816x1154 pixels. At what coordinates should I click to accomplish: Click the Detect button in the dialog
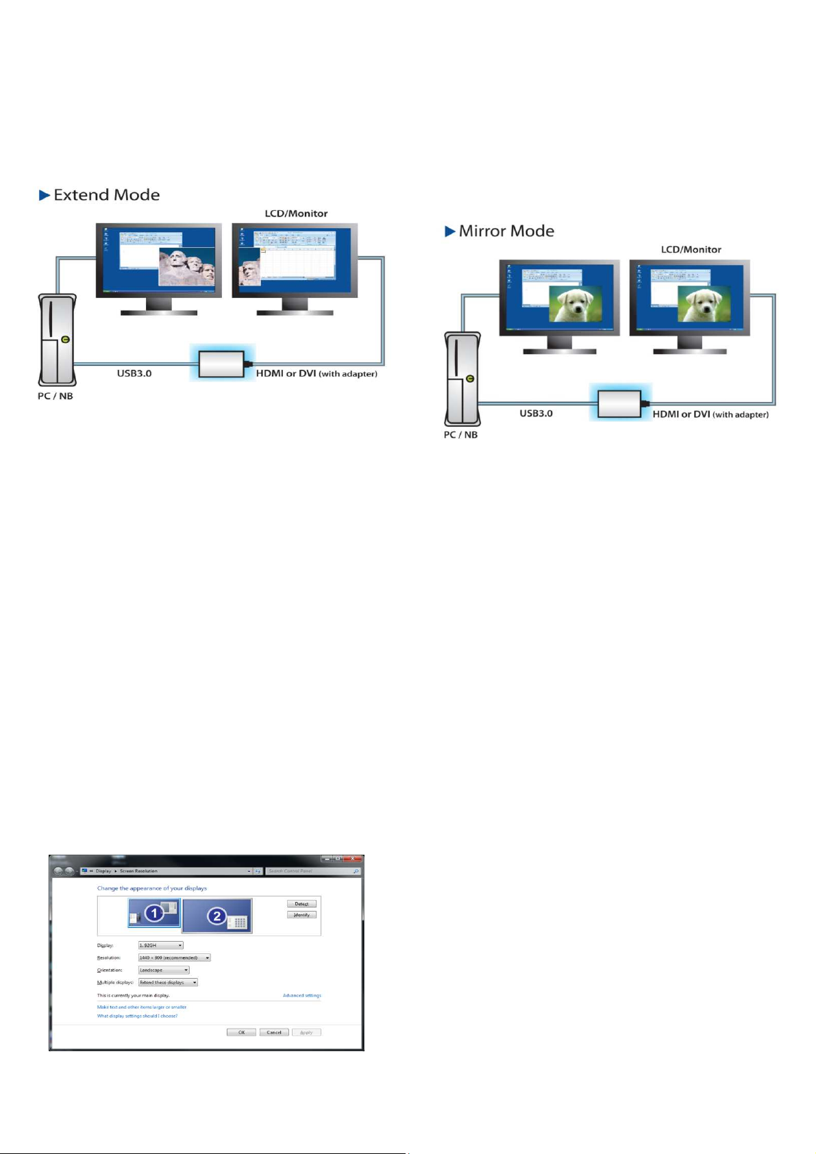click(x=301, y=904)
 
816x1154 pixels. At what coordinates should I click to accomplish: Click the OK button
click(x=241, y=1032)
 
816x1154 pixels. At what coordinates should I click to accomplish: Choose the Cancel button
click(x=274, y=1032)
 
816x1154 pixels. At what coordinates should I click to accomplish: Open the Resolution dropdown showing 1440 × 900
click(x=174, y=957)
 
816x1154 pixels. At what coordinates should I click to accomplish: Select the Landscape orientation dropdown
click(x=164, y=970)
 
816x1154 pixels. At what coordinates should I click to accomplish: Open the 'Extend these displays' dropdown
click(x=168, y=982)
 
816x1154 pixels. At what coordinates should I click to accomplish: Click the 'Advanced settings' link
click(x=301, y=995)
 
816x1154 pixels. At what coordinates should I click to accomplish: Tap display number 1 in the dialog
click(x=154, y=914)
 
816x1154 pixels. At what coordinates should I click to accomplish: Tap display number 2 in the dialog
click(x=217, y=916)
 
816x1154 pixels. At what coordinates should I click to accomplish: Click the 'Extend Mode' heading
click(x=106, y=195)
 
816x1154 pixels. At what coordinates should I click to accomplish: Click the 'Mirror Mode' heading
click(x=506, y=231)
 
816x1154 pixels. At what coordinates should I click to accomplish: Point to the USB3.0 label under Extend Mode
click(x=134, y=373)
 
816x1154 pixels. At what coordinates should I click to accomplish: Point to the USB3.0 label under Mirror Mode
click(x=536, y=414)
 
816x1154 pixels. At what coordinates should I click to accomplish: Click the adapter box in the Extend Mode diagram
click(x=221, y=364)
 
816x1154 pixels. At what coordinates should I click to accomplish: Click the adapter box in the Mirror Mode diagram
click(x=619, y=403)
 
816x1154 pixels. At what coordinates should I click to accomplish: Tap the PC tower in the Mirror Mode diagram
click(x=463, y=379)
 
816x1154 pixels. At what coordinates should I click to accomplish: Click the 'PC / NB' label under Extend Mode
click(x=55, y=396)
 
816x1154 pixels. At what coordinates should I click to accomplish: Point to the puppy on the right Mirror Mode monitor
click(x=704, y=304)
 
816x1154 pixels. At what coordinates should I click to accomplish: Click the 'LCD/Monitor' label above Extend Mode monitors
click(x=296, y=214)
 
